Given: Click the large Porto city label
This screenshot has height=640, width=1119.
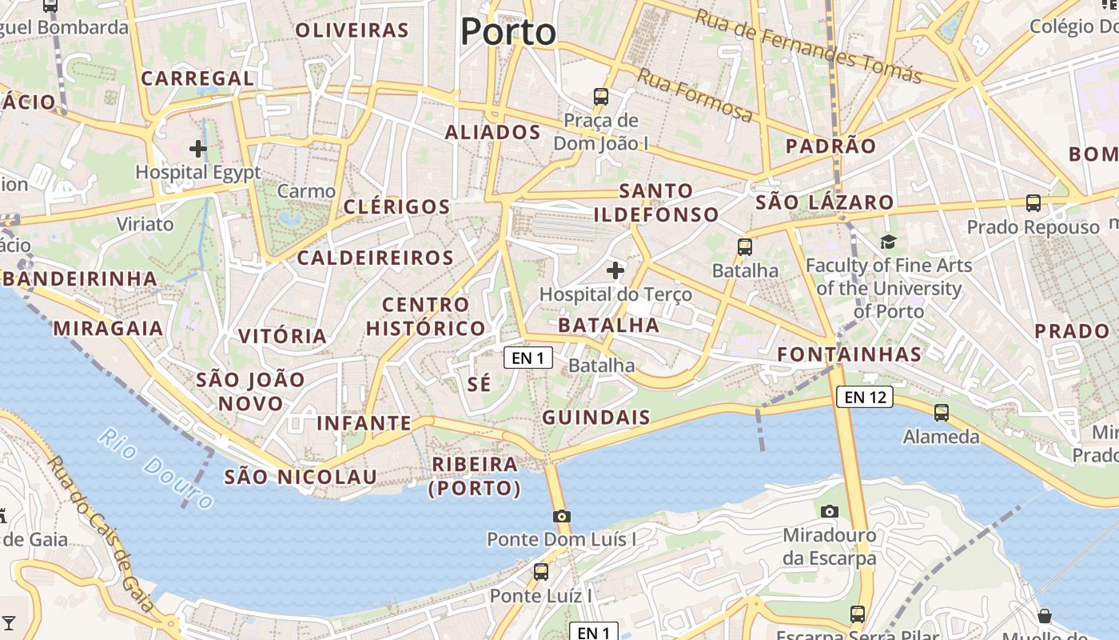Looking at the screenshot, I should click(x=508, y=32).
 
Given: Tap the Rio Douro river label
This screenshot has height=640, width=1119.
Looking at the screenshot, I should click(x=157, y=468).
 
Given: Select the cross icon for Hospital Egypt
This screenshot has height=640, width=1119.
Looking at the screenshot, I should click(x=198, y=149).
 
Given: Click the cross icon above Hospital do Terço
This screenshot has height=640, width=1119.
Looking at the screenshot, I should click(x=615, y=270).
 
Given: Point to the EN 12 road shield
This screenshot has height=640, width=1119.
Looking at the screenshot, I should click(x=865, y=396).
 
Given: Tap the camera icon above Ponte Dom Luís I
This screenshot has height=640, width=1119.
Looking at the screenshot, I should click(x=562, y=516).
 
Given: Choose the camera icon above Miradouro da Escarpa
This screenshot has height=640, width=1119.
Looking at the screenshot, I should click(x=830, y=511).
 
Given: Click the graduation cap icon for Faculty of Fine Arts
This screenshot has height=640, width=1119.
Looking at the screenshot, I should click(x=888, y=242).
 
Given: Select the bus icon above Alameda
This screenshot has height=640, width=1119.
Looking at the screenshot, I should click(x=942, y=413).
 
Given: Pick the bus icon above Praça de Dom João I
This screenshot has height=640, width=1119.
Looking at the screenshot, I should click(x=601, y=97).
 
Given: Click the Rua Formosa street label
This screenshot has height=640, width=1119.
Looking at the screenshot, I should click(x=695, y=95).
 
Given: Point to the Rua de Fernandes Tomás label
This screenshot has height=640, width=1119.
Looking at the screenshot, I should click(x=808, y=46).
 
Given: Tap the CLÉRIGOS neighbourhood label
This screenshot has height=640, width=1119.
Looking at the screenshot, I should click(x=397, y=206).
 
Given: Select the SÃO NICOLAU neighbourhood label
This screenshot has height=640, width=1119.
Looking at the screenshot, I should click(x=301, y=477).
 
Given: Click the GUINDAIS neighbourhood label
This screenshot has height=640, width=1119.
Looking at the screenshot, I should click(x=596, y=418).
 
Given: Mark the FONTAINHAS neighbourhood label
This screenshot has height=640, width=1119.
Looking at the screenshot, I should click(x=850, y=354).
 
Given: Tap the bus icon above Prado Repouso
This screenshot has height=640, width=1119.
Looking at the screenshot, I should click(x=1033, y=203).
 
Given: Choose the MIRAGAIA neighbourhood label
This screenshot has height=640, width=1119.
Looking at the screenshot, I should click(x=108, y=328).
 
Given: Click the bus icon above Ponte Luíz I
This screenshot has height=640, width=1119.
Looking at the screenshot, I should click(x=541, y=572).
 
